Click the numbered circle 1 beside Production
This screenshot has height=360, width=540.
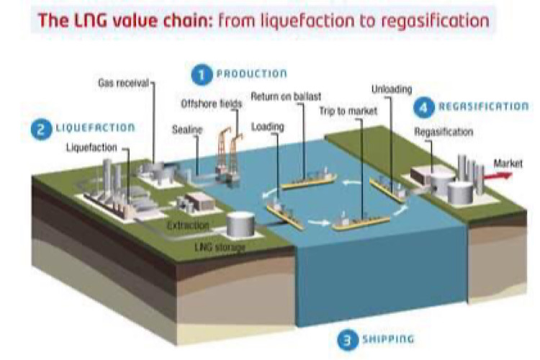tap(202, 75)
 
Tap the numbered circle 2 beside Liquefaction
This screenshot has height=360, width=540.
tap(41, 130)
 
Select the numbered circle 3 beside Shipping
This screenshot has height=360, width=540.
tap(348, 340)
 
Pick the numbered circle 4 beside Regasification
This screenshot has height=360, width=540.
tap(424, 107)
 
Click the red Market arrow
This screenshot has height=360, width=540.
tap(498, 176)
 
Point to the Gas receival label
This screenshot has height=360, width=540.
tap(123, 83)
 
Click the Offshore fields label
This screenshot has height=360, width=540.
tap(212, 104)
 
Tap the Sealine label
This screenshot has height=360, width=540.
tap(187, 130)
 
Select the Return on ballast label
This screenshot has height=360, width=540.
tap(286, 96)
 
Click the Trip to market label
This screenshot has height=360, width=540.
tap(348, 111)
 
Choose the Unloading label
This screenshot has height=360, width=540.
tap(392, 89)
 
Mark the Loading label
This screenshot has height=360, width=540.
tap(268, 127)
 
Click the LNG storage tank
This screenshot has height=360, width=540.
tap(240, 224)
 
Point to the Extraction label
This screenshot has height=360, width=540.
tap(188, 225)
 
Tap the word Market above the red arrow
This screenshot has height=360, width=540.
tap(508, 163)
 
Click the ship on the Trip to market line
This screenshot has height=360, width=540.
tap(361, 221)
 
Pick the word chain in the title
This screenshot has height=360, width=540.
tap(189, 20)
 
